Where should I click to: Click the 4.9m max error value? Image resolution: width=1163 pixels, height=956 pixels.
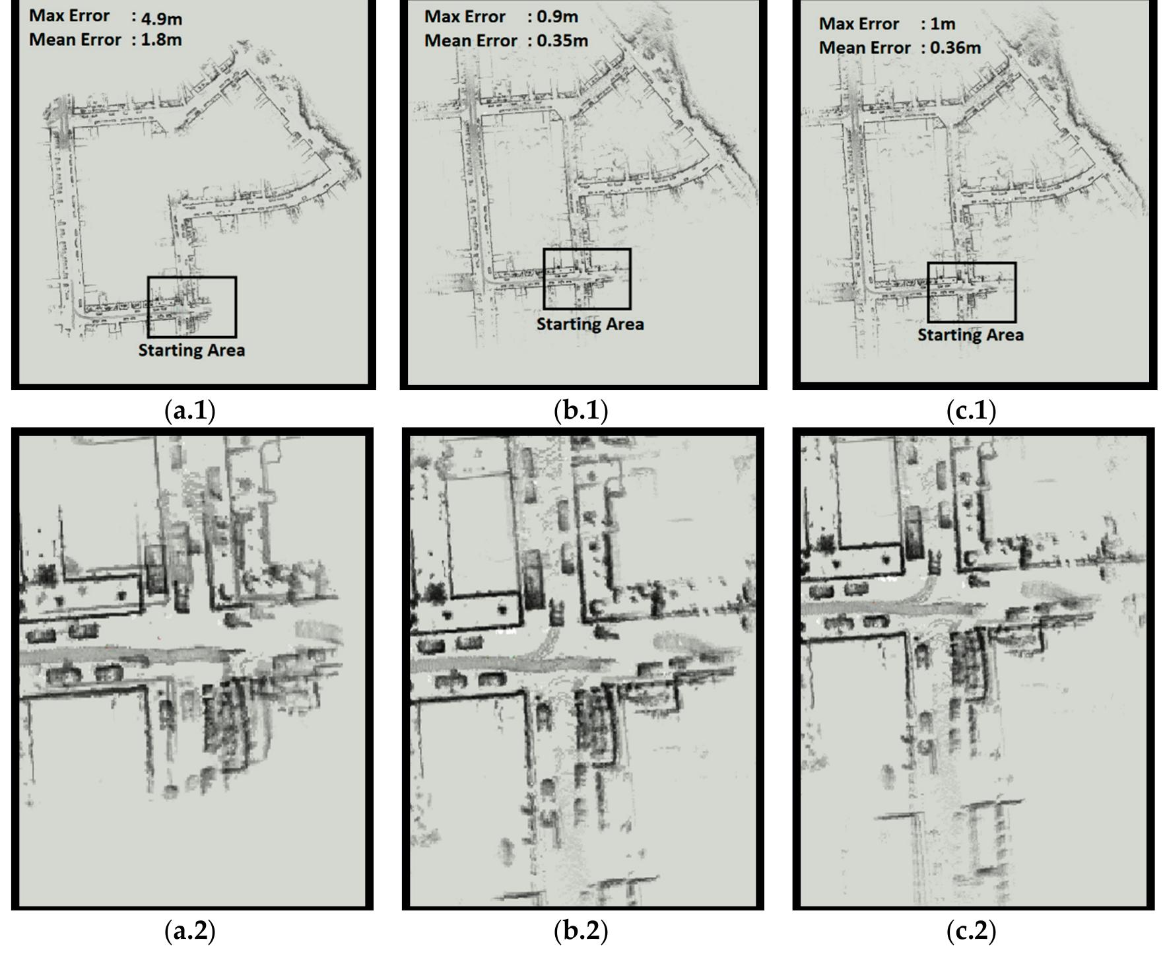(x=162, y=18)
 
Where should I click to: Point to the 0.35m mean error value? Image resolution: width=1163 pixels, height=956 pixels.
(x=562, y=41)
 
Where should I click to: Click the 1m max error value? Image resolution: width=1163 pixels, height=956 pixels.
(x=943, y=24)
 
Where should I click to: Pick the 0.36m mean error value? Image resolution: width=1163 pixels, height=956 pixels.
(x=955, y=48)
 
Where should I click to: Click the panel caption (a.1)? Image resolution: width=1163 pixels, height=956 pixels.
(x=189, y=411)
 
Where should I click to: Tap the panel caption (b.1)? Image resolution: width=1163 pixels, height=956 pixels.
(x=581, y=411)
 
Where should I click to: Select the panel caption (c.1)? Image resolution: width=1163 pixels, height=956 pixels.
(x=971, y=411)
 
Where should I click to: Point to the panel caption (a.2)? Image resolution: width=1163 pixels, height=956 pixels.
(x=189, y=931)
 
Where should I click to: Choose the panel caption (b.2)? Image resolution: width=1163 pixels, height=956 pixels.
(x=581, y=931)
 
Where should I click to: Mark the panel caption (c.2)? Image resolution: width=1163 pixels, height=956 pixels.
(x=971, y=931)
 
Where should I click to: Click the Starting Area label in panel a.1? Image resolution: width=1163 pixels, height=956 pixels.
(x=191, y=350)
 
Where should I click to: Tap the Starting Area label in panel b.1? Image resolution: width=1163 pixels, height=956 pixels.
(x=589, y=324)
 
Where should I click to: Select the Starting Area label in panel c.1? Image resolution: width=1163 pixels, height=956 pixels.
(x=970, y=335)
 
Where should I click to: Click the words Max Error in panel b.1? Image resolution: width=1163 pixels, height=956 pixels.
(x=465, y=17)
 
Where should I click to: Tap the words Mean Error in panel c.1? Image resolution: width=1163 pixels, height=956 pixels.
(x=865, y=48)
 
